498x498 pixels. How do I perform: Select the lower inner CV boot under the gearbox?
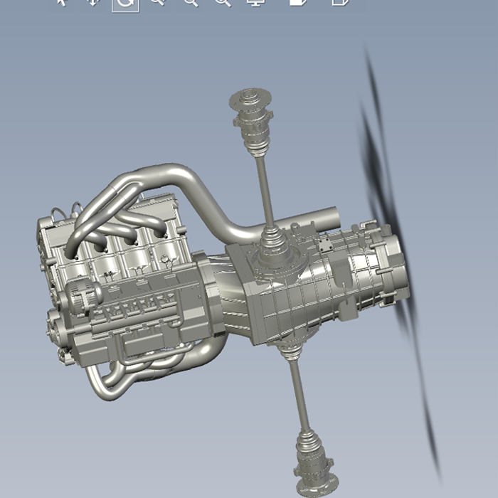click(287, 349)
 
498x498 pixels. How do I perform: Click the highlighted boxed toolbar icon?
click(125, 3)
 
